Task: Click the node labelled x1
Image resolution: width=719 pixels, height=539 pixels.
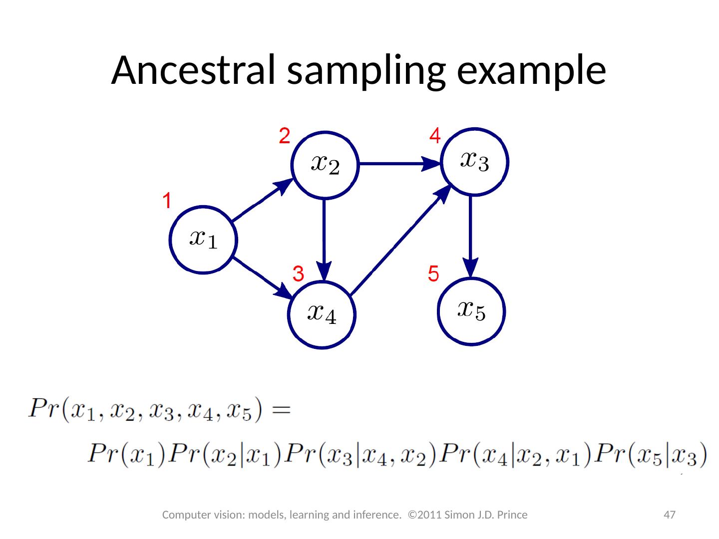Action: [x=203, y=239]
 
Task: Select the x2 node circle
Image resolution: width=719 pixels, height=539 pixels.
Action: [x=325, y=164]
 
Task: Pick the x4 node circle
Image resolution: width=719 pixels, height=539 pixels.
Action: [x=322, y=314]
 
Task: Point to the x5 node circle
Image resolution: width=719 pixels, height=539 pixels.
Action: [x=472, y=311]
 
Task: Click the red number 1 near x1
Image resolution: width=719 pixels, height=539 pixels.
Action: [x=167, y=202]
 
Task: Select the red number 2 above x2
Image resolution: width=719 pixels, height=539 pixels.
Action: [x=284, y=136]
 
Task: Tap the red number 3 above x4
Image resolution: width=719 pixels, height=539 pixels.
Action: [x=298, y=273]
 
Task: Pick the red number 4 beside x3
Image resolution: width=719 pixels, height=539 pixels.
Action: [x=435, y=136]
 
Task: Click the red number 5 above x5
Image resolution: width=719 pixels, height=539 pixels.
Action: [x=433, y=273]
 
